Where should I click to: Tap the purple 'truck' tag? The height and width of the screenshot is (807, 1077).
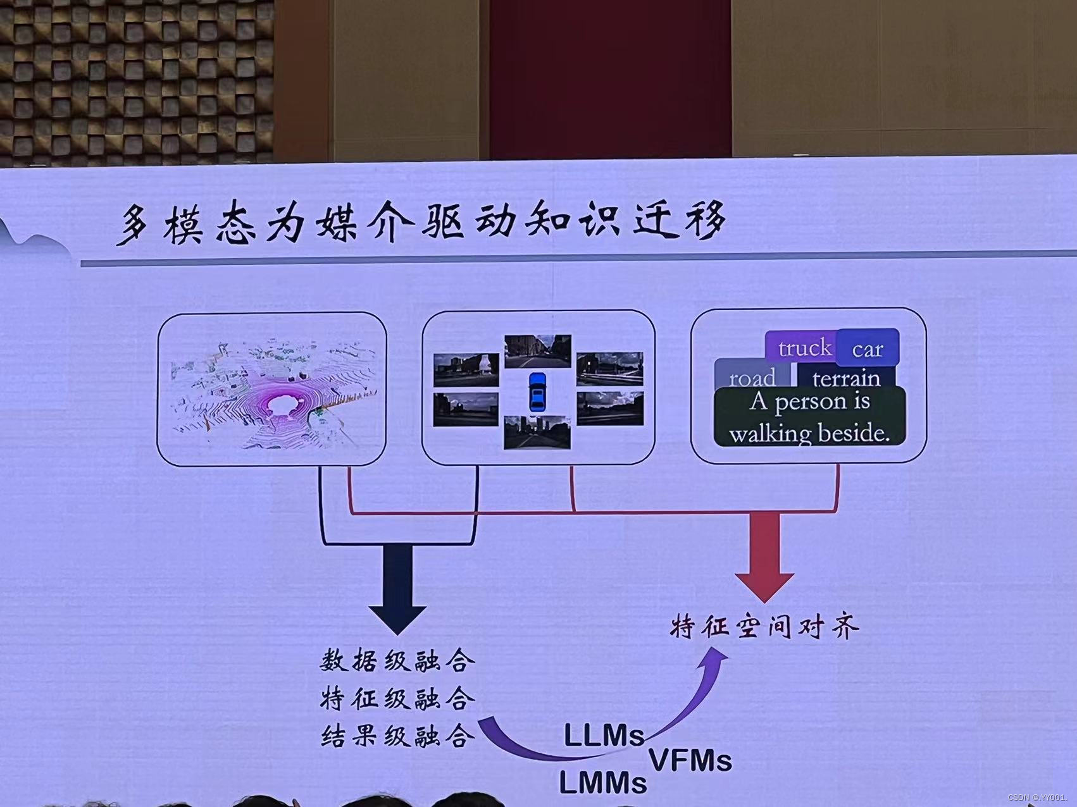802,348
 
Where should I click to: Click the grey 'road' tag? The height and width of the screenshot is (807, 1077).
752,378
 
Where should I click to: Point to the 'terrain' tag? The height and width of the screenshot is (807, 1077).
846,378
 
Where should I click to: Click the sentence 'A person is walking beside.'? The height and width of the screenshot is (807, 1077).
809,417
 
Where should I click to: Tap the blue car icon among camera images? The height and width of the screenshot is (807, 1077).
537,391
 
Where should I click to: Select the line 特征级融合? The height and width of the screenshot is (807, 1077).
397,699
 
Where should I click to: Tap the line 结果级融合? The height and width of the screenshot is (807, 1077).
397,736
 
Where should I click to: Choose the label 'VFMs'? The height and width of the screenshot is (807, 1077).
690,760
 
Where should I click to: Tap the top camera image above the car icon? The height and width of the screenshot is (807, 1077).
537,351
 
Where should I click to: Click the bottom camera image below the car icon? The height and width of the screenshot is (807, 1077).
537,432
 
